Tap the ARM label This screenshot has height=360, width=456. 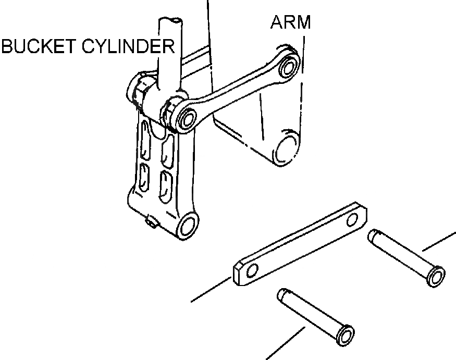290,22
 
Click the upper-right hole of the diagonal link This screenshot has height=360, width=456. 288,67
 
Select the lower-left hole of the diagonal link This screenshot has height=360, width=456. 186,118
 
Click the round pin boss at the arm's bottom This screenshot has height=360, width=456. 285,148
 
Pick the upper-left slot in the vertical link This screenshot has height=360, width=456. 145,141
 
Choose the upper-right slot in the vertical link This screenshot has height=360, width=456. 168,148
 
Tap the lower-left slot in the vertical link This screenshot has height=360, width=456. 145,176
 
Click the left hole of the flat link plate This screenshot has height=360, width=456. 252,270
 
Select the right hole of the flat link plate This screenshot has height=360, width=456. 355,218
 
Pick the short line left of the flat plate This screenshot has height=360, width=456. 211,290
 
